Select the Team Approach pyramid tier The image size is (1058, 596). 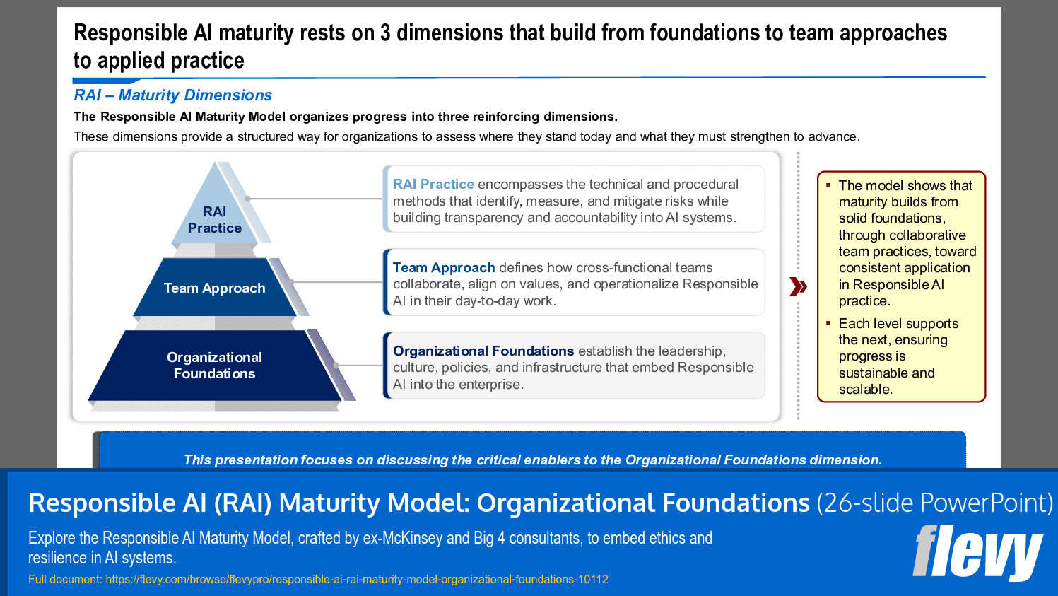pyautogui.click(x=215, y=288)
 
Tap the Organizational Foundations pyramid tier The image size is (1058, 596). pyautogui.click(x=215, y=366)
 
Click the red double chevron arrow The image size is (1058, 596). pyautogui.click(x=798, y=286)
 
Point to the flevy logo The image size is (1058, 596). pyautogui.click(x=977, y=551)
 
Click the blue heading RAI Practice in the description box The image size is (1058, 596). pyautogui.click(x=433, y=185)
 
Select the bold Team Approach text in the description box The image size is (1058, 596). pyautogui.click(x=444, y=268)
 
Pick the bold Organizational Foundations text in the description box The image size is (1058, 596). pyautogui.click(x=483, y=351)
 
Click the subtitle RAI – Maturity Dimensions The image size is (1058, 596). pyautogui.click(x=173, y=95)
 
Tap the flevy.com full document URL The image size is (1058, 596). pyautogui.click(x=357, y=580)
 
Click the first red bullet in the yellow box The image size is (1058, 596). pyautogui.click(x=828, y=185)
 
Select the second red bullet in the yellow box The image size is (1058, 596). pyautogui.click(x=828, y=323)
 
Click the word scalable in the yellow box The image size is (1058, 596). pyautogui.click(x=865, y=390)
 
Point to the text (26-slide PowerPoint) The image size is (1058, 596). pyautogui.click(x=934, y=503)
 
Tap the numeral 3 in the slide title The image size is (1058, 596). pyautogui.click(x=385, y=33)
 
